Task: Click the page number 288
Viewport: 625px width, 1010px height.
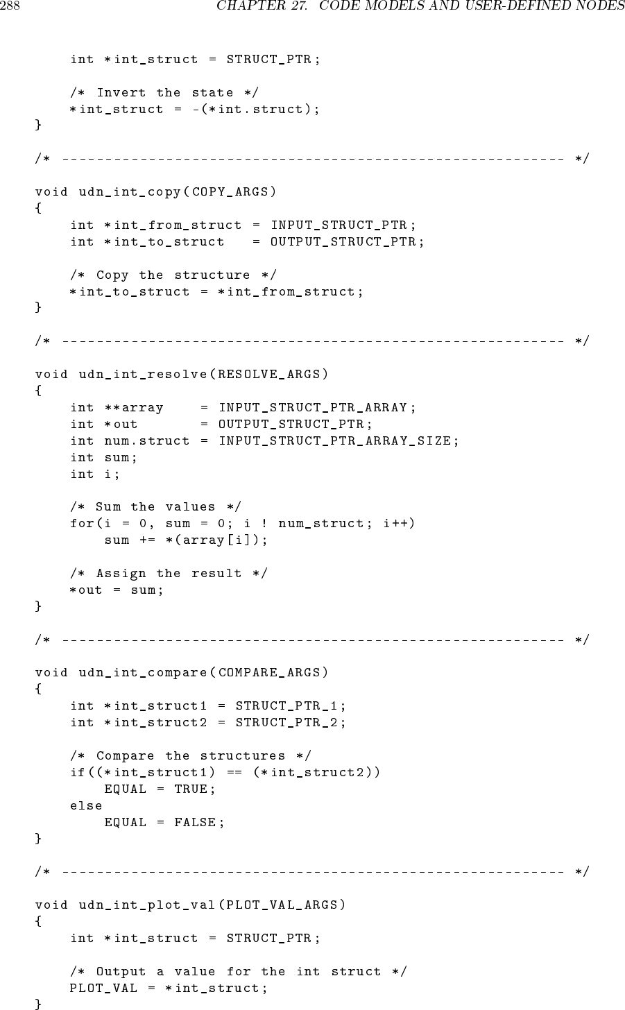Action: [x=9, y=8]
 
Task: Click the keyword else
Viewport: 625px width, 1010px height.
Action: [x=86, y=806]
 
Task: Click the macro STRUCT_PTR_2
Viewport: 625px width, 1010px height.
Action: [x=287, y=723]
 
